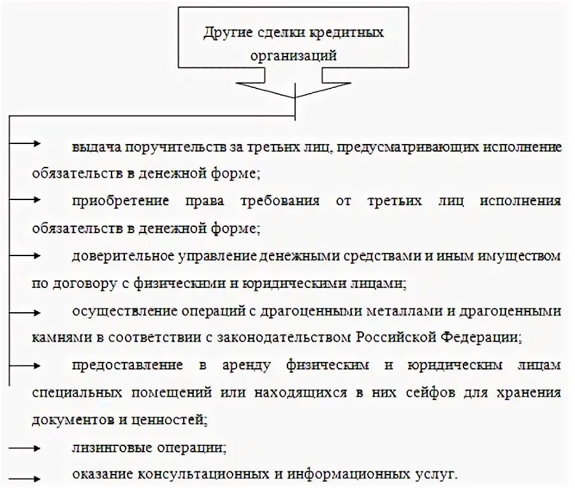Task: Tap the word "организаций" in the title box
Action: coord(294,55)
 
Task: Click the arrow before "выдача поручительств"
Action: coord(25,144)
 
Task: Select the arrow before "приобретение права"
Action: coord(25,199)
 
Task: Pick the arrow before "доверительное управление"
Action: coord(25,255)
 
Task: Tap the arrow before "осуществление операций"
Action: coord(25,310)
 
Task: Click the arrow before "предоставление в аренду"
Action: coord(25,365)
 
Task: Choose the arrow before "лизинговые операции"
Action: coord(25,447)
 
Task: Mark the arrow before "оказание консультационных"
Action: coord(25,475)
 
